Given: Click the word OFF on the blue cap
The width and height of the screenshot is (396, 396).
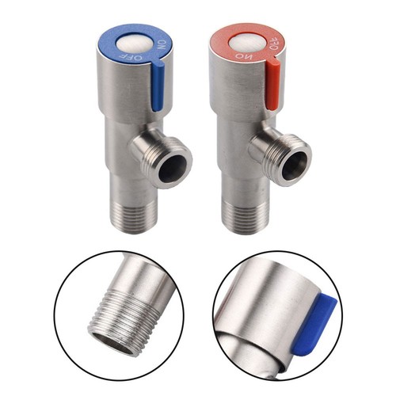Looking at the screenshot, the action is click(x=131, y=56).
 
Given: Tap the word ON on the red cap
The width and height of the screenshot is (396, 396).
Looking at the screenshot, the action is click(x=241, y=55).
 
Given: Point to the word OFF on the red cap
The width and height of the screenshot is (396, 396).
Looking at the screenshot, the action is click(x=273, y=43).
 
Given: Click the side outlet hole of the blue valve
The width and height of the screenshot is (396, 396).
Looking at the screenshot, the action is click(x=173, y=168).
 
